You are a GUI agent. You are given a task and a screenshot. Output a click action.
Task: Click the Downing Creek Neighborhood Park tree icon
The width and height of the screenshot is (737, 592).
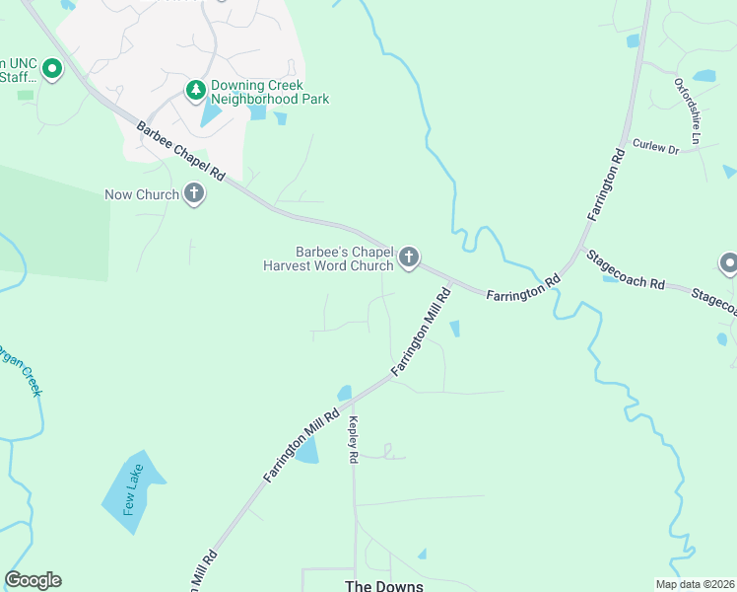[x=196, y=91]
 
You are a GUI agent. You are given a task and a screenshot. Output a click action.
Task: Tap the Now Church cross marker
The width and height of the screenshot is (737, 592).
[x=194, y=193]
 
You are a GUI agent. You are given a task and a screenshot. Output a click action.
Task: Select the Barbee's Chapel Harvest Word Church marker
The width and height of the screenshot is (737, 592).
[x=409, y=259]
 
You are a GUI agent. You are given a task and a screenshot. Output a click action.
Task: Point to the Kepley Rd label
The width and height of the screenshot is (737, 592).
[x=352, y=439]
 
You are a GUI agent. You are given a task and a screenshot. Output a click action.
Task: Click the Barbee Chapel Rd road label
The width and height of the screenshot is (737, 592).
[x=181, y=151]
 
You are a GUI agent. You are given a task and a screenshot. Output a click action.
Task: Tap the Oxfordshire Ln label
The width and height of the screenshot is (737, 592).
[x=686, y=127]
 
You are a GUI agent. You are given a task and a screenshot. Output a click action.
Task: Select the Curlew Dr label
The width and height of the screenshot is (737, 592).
[x=655, y=147]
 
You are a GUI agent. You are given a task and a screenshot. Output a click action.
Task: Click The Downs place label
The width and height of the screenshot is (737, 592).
[x=383, y=586]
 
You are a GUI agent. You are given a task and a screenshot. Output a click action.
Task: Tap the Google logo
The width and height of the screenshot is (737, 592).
[x=33, y=580]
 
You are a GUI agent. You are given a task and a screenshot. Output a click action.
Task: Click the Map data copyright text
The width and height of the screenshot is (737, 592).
[x=694, y=584]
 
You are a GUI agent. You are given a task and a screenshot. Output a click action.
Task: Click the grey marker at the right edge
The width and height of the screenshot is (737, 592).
[x=728, y=262]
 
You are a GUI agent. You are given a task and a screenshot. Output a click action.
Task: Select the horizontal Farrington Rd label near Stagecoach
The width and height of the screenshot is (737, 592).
[x=523, y=287]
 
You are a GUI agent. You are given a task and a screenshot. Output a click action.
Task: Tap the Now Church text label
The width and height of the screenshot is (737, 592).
[x=142, y=194]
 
